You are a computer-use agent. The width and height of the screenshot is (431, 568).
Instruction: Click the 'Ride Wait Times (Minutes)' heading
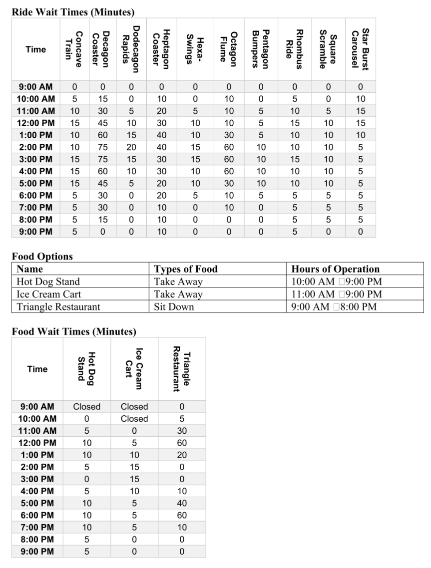73,11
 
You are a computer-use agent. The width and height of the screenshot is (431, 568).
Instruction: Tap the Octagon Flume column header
229,49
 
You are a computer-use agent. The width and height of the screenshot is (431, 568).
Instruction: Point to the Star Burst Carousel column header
361,49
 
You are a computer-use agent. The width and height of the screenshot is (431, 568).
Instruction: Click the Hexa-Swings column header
195,49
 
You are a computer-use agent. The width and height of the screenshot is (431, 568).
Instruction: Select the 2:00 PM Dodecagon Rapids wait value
130,147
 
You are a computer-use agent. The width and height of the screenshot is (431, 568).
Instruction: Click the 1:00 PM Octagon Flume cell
229,135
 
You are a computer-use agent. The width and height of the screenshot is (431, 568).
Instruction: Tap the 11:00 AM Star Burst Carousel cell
361,111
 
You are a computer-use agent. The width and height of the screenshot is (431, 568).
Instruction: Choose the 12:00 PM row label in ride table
35,123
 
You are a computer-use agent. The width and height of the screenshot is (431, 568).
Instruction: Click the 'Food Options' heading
42,257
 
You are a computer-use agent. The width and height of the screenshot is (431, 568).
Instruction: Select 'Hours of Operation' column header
336,269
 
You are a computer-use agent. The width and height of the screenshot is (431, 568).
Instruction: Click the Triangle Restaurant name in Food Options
58,306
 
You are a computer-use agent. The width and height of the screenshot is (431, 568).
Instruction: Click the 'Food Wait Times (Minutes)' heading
74,331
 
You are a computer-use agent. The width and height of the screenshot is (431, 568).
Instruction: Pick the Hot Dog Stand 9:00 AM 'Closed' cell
86,407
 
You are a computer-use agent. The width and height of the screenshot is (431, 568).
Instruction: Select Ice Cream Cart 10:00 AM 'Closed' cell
134,419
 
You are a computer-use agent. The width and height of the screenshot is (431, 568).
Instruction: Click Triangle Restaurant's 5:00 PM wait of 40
182,503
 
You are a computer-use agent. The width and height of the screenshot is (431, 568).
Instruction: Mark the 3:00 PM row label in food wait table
37,479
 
